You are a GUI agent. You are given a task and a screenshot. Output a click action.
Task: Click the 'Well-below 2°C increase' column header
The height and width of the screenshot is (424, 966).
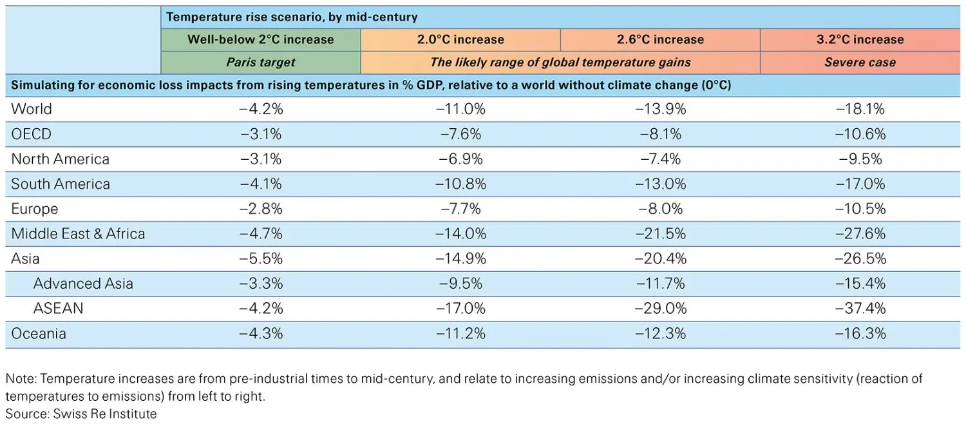[260, 39]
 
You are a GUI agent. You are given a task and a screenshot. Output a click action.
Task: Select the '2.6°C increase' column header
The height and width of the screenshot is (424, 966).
[660, 39]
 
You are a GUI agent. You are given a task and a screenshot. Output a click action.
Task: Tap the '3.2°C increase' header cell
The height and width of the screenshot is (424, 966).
[860, 39]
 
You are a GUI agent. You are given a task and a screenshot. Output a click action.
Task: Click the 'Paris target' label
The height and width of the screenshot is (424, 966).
[260, 63]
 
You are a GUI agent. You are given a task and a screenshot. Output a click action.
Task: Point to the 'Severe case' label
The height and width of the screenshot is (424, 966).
[860, 63]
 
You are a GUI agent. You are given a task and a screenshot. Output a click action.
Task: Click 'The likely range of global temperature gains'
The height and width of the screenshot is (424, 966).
[560, 63]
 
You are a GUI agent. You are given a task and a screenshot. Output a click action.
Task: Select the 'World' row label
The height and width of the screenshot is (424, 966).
[32, 109]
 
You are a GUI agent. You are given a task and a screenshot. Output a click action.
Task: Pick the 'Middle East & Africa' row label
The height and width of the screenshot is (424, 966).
[78, 234]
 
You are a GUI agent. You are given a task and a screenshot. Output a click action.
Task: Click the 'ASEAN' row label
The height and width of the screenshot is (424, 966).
[58, 309]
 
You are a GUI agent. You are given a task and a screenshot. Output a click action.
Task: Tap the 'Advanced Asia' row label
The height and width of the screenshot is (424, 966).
[83, 284]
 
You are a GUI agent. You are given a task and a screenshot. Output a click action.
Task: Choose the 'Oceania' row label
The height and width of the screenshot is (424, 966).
[39, 334]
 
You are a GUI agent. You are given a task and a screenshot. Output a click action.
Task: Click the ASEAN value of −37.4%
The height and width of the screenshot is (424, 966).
[860, 309]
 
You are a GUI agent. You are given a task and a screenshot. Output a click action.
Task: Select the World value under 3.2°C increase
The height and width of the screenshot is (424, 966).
[860, 109]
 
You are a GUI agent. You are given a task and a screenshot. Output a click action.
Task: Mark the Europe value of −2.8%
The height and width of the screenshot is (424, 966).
[261, 209]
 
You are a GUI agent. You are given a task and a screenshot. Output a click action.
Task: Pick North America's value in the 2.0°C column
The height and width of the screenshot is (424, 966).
[461, 159]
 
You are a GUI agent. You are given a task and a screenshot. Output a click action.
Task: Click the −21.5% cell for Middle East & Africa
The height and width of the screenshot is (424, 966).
[661, 234]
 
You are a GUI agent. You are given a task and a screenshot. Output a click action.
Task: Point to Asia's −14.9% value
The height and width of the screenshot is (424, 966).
[461, 259]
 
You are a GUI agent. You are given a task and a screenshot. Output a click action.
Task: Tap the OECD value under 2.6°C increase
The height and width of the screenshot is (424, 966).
[661, 134]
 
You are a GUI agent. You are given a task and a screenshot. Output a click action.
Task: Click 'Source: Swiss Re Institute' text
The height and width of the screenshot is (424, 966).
[81, 414]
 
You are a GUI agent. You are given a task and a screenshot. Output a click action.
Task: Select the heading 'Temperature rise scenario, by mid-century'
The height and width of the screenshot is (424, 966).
[292, 17]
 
